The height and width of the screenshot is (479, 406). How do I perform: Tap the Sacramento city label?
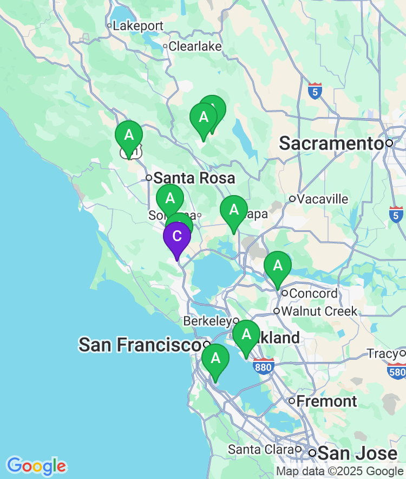(x=331, y=144)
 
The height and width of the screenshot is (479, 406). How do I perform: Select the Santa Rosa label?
(x=194, y=178)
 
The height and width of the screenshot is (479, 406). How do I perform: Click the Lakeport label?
(x=138, y=25)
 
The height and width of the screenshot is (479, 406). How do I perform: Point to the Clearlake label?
(x=195, y=46)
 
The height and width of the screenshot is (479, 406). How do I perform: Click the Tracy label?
(x=383, y=354)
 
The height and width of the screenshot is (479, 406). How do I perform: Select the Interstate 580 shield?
(x=396, y=371)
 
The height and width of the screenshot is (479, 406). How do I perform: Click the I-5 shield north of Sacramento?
(x=315, y=90)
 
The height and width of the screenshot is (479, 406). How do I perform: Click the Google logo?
(x=36, y=465)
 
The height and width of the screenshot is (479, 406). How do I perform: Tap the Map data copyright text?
(x=339, y=471)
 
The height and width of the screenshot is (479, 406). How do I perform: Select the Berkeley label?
(x=207, y=321)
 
